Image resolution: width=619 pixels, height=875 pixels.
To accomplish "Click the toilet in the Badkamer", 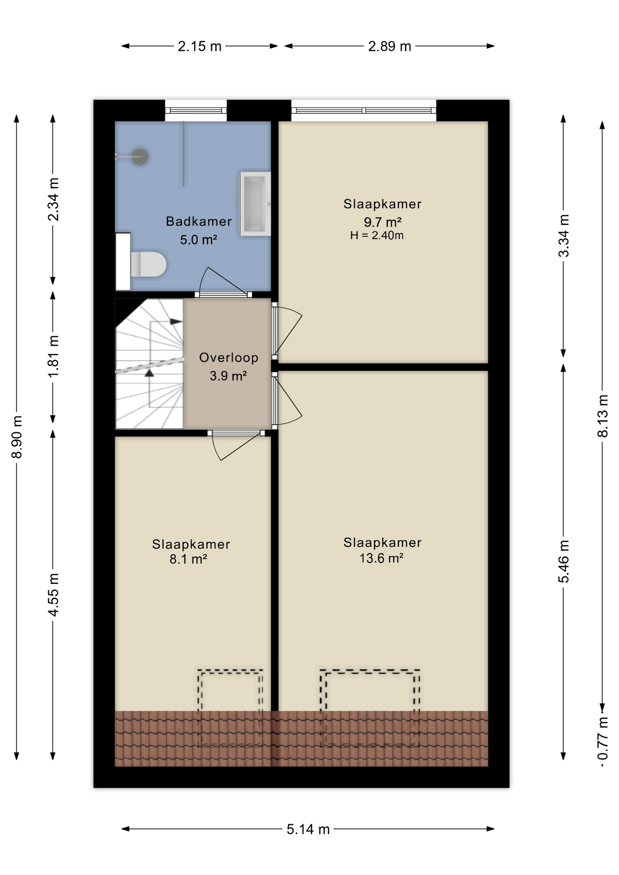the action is [148, 264].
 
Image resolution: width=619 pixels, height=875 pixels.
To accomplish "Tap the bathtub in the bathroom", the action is [255, 203].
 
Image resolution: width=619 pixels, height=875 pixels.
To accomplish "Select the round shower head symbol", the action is [140, 156].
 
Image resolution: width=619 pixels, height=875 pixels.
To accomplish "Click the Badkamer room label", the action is [199, 221].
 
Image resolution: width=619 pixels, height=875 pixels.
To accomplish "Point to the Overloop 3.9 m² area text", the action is [228, 366].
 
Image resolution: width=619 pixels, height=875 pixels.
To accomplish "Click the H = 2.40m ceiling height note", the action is [377, 236].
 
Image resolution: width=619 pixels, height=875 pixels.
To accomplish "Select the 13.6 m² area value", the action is [382, 558].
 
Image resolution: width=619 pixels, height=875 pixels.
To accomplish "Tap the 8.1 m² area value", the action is [188, 559].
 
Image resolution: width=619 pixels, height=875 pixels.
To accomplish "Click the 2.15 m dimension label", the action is [200, 46].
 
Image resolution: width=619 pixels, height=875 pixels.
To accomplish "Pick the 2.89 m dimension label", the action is [390, 46].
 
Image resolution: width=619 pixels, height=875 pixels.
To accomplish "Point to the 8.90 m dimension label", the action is [17, 437].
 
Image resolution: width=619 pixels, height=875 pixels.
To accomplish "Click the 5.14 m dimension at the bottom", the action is [308, 829].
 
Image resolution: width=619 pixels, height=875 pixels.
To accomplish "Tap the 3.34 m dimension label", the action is [564, 236].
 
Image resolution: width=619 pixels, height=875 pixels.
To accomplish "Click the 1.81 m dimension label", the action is [53, 356].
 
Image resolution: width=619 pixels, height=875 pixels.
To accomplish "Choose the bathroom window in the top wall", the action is [196, 110].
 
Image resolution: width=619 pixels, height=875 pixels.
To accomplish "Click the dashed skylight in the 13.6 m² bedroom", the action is [370, 708].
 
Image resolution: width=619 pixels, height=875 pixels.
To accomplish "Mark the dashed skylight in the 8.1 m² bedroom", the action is [230, 708].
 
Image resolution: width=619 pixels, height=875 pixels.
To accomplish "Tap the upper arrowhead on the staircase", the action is [176, 321].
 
